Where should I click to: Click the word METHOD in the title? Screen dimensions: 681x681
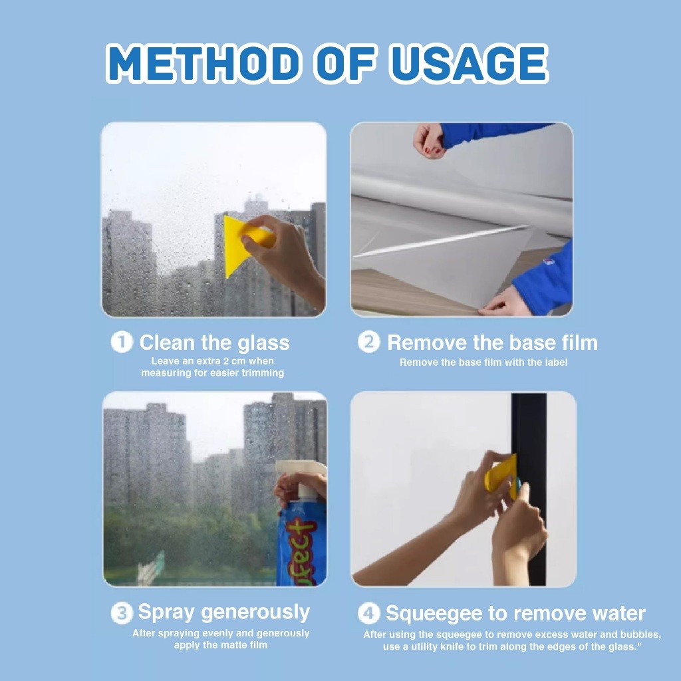[204, 63]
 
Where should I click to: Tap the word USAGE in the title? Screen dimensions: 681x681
[469, 63]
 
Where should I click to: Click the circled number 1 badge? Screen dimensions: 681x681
[122, 342]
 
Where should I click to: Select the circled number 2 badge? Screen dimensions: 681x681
[369, 342]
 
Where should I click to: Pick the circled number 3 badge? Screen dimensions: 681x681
[122, 613]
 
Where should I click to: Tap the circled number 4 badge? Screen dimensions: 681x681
[369, 613]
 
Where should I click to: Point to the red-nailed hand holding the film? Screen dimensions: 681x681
[429, 140]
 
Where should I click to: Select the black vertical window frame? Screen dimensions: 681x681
[529, 489]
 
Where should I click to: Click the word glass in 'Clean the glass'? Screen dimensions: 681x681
[263, 343]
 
